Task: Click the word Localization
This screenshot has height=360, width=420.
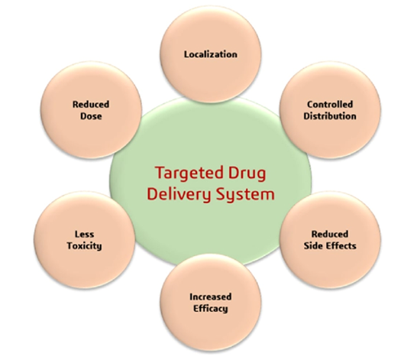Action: (211, 54)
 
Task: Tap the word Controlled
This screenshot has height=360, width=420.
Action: (330, 104)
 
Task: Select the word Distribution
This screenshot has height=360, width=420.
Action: (330, 116)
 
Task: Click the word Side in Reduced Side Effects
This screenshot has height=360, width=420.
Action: (314, 246)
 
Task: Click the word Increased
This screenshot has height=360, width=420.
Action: (211, 297)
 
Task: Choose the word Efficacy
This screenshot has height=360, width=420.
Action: (211, 309)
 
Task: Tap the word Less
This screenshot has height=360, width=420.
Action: (84, 234)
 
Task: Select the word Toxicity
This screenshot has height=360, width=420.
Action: (84, 246)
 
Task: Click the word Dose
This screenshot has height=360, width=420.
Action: (91, 116)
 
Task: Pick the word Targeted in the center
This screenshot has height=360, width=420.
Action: (189, 174)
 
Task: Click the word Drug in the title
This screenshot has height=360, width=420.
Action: (247, 174)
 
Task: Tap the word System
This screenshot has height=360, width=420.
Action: (245, 194)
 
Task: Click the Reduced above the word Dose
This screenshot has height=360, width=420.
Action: (91, 104)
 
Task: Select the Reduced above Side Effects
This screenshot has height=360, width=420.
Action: (330, 234)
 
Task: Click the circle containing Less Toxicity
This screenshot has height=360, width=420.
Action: (84, 240)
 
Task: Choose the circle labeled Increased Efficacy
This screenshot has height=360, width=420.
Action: (211, 303)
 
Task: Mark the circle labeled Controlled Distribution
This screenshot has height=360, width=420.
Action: (330, 110)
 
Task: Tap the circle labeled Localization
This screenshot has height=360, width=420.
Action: (211, 54)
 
